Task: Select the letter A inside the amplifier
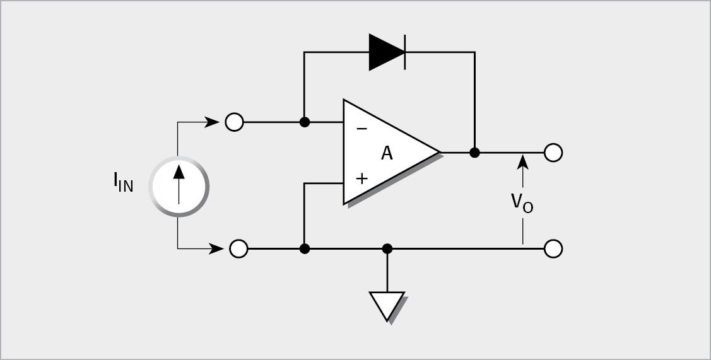pyautogui.click(x=387, y=153)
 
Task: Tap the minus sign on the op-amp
pyautogui.click(x=361, y=129)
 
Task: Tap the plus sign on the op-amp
pyautogui.click(x=361, y=178)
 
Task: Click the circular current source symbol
pyautogui.click(x=179, y=187)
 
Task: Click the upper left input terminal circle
pyautogui.click(x=234, y=122)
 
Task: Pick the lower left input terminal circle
pyautogui.click(x=238, y=249)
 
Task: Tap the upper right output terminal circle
pyautogui.click(x=554, y=153)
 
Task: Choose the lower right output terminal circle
pyautogui.click(x=553, y=249)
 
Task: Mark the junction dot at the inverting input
pyautogui.click(x=304, y=122)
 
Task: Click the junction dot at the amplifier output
pyautogui.click(x=474, y=153)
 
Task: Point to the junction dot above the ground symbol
pyautogui.click(x=387, y=249)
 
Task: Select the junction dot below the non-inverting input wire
pyautogui.click(x=304, y=249)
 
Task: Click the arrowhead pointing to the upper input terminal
pyautogui.click(x=213, y=122)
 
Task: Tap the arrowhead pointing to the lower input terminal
pyautogui.click(x=216, y=249)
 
